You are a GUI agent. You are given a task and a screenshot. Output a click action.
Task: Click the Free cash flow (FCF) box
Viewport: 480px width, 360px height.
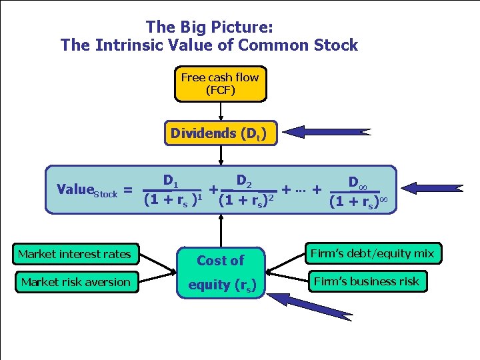(221, 84)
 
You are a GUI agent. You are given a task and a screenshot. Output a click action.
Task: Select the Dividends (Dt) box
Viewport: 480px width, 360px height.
(219, 133)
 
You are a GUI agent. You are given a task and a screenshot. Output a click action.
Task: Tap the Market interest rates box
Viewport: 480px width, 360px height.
(75, 254)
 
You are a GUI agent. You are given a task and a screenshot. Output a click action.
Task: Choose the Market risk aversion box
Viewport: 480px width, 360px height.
(75, 282)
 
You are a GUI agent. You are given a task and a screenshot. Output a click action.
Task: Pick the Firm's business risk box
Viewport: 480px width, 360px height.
(367, 281)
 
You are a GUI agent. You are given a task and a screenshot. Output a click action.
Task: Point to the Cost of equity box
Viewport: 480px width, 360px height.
(221, 272)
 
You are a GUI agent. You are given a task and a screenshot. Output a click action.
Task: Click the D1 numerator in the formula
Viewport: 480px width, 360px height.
(171, 180)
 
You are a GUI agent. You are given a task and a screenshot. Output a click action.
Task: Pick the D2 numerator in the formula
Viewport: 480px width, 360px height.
(244, 180)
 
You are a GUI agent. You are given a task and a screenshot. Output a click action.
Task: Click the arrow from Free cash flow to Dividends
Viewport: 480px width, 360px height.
(221, 112)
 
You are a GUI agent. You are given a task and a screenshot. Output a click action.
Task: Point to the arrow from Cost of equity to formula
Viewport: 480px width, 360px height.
(221, 230)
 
